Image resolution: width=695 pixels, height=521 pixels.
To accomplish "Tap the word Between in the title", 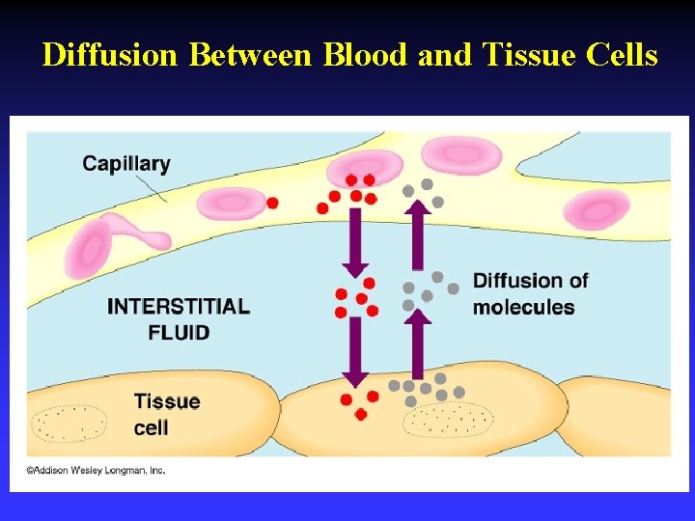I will click(253, 55).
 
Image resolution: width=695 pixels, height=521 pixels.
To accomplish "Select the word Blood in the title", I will click(367, 55).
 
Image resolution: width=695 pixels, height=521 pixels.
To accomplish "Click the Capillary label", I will click(126, 163).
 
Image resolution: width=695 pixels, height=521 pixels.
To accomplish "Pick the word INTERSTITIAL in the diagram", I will click(179, 308).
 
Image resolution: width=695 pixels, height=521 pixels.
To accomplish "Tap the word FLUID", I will click(179, 333).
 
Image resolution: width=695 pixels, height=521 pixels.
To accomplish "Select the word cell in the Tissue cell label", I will click(152, 426).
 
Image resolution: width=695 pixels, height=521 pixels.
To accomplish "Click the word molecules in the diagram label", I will click(523, 308).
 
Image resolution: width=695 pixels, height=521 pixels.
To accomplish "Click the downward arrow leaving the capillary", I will click(355, 242).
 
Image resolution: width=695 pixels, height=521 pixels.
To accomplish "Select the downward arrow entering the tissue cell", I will click(355, 350).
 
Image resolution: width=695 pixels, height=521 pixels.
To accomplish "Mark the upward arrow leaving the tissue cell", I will click(418, 343).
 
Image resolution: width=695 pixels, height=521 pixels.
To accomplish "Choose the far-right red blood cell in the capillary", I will click(598, 209).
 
